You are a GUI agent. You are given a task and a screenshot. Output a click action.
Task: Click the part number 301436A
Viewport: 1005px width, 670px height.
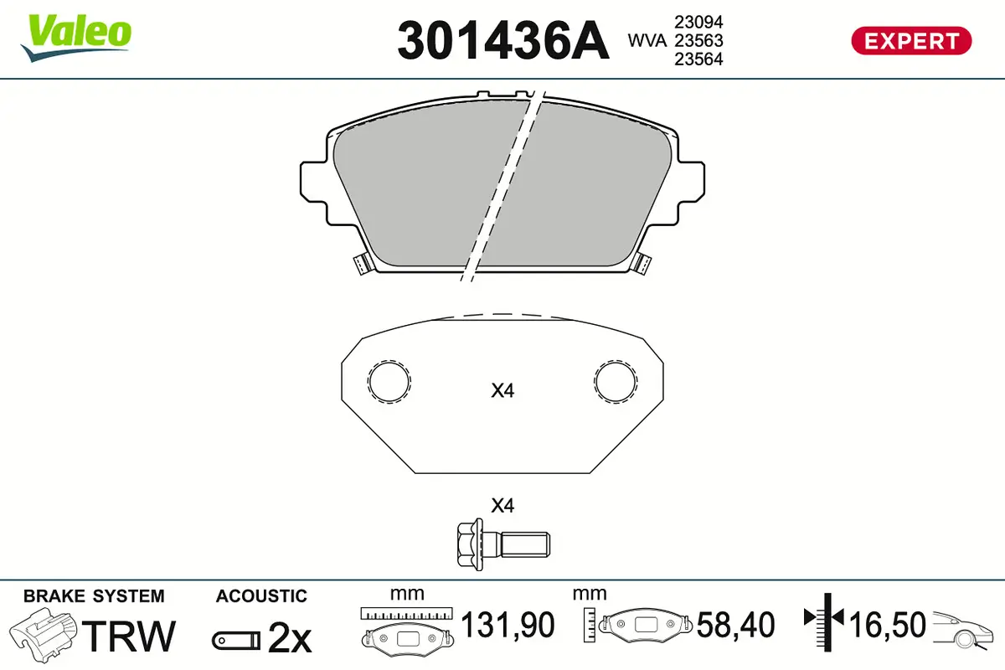click(502, 40)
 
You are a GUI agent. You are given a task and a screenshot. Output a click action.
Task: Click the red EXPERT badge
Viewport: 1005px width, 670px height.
click(911, 40)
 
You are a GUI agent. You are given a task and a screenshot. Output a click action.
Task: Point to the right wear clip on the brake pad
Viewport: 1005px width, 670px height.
click(642, 264)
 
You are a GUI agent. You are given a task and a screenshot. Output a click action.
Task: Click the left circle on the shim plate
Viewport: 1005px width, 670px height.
click(389, 381)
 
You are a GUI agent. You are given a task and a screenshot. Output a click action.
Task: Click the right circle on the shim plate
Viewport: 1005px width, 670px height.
click(616, 381)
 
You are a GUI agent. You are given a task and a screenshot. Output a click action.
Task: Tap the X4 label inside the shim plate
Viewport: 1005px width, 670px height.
click(502, 390)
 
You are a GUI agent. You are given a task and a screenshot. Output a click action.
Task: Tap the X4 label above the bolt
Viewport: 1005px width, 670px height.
click(502, 506)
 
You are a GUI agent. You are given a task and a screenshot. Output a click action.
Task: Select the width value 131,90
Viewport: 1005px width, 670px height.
click(508, 625)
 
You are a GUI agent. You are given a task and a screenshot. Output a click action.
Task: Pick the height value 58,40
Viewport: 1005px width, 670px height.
click(736, 625)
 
